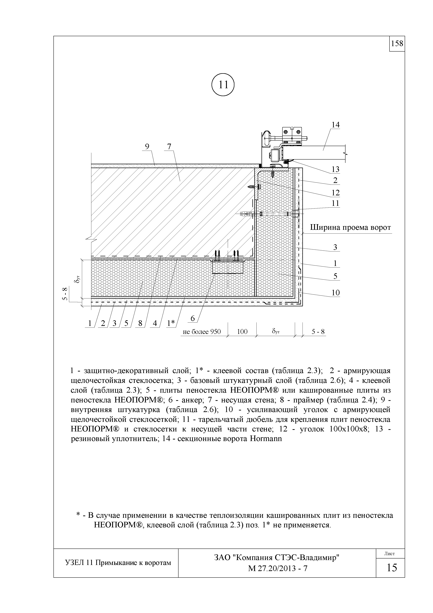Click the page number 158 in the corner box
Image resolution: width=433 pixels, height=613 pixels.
click(x=397, y=44)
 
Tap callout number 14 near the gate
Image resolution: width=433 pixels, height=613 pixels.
click(x=335, y=125)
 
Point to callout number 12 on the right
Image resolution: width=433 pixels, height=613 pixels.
click(x=335, y=193)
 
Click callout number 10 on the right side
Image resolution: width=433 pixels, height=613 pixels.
click(x=335, y=293)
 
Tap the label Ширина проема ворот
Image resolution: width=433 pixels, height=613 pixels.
click(x=350, y=228)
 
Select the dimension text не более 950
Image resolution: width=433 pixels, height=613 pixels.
click(x=202, y=332)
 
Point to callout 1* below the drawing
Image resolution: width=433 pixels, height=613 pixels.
click(x=171, y=323)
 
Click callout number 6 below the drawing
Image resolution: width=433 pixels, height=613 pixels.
click(x=193, y=318)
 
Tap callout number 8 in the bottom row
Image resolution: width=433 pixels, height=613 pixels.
click(x=140, y=323)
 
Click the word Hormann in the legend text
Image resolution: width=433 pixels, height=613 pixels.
click(x=266, y=439)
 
